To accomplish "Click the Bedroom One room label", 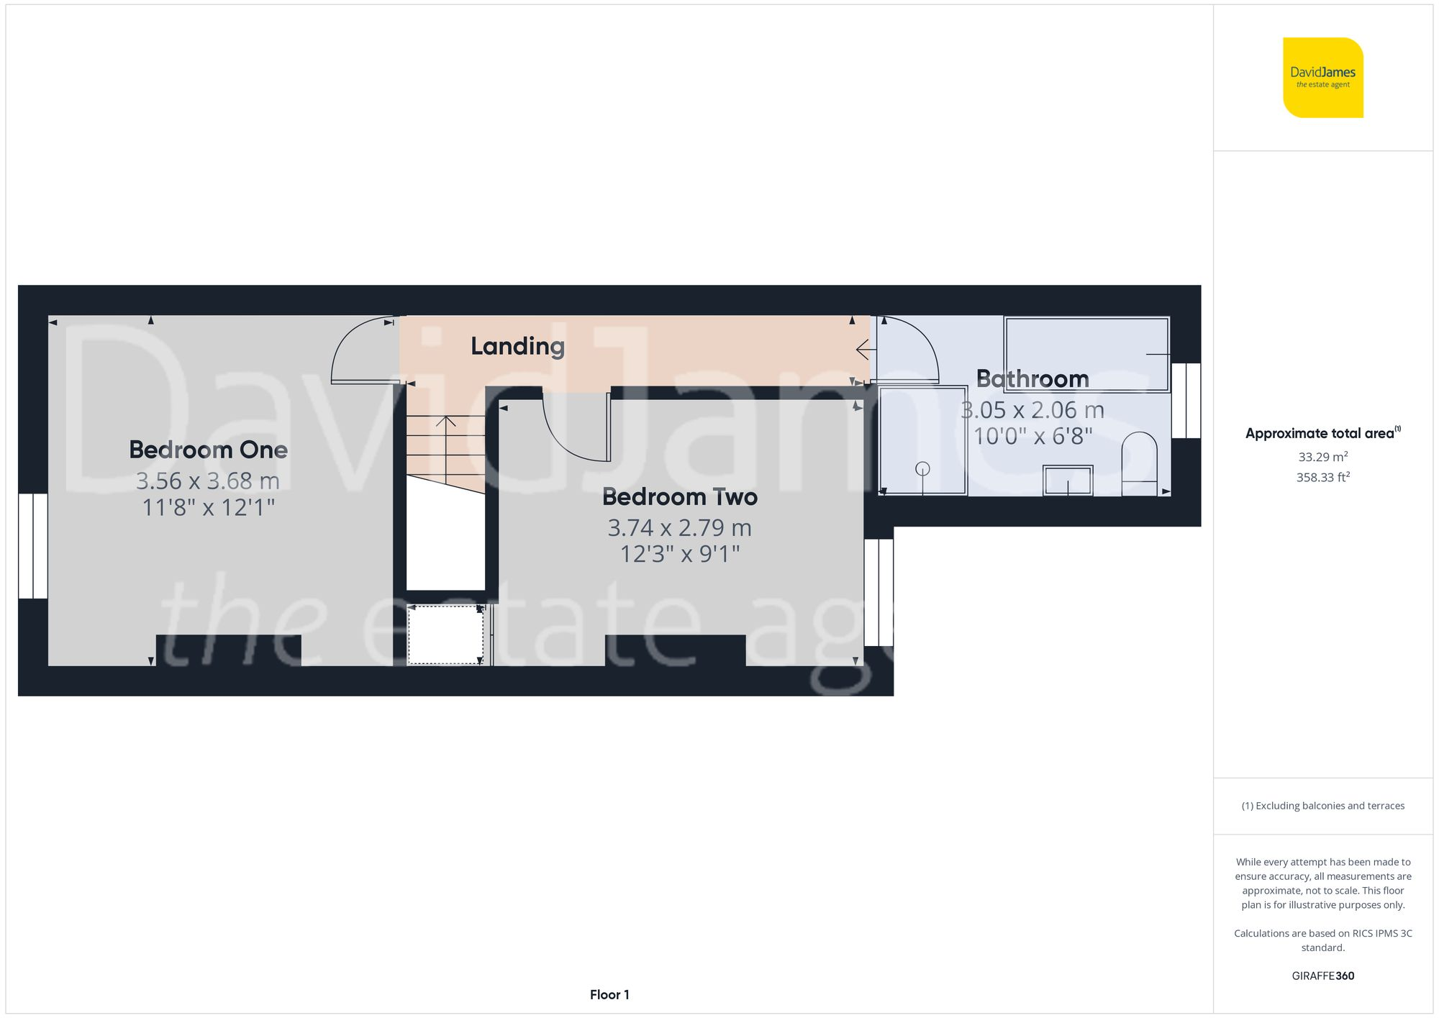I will [x=208, y=450].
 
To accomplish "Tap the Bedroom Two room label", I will [x=679, y=496].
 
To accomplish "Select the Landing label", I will [x=517, y=346].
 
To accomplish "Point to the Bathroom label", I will [x=1032, y=378].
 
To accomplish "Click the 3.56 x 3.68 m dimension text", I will [x=208, y=481].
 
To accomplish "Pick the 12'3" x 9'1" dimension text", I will [x=679, y=554].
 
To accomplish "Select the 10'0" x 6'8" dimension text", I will [x=1032, y=436].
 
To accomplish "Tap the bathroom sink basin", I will [x=1068, y=480].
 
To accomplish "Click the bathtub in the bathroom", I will [x=1086, y=354].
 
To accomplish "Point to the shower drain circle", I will [x=922, y=469].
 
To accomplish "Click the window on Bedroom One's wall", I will [x=32, y=545].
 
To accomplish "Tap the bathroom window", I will [x=1186, y=401].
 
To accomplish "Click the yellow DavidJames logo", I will [x=1322, y=78].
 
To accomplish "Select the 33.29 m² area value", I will [x=1322, y=457].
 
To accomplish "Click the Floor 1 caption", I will [x=609, y=994].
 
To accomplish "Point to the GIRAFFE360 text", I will [x=1322, y=976].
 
